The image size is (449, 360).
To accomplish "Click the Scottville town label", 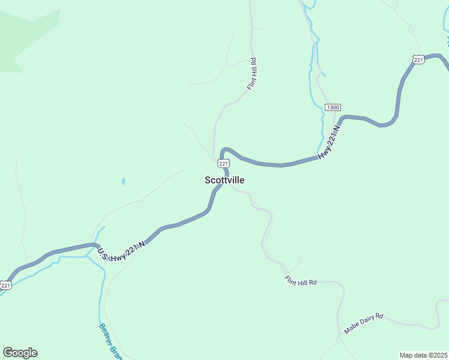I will point(224,180).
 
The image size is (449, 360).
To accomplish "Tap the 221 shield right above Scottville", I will point(223,163).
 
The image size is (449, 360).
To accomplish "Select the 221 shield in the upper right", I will point(419,58).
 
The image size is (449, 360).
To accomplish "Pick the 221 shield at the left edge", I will point(5,286).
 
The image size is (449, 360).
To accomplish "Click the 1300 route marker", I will point(333,107).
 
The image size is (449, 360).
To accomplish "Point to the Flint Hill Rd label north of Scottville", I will point(252,74).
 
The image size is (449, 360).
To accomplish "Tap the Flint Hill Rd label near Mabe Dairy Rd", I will point(300,281).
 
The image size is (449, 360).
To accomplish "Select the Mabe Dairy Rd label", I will point(363,323).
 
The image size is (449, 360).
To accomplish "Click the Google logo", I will point(20,353).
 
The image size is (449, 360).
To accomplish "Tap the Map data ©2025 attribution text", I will point(424,355).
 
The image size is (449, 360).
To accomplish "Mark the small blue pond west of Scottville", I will point(123,181).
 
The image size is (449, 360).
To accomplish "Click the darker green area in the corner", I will point(24,36).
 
